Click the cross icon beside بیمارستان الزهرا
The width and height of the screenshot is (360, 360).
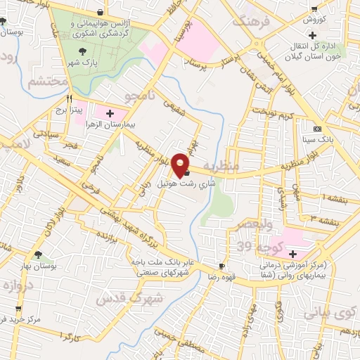point(110,112)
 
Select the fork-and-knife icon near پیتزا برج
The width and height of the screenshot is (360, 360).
point(68,99)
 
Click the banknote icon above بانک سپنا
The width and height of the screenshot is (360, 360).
point(317,129)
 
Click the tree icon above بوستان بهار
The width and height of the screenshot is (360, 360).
point(38,255)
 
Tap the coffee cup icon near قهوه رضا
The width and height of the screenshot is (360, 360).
point(221,266)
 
